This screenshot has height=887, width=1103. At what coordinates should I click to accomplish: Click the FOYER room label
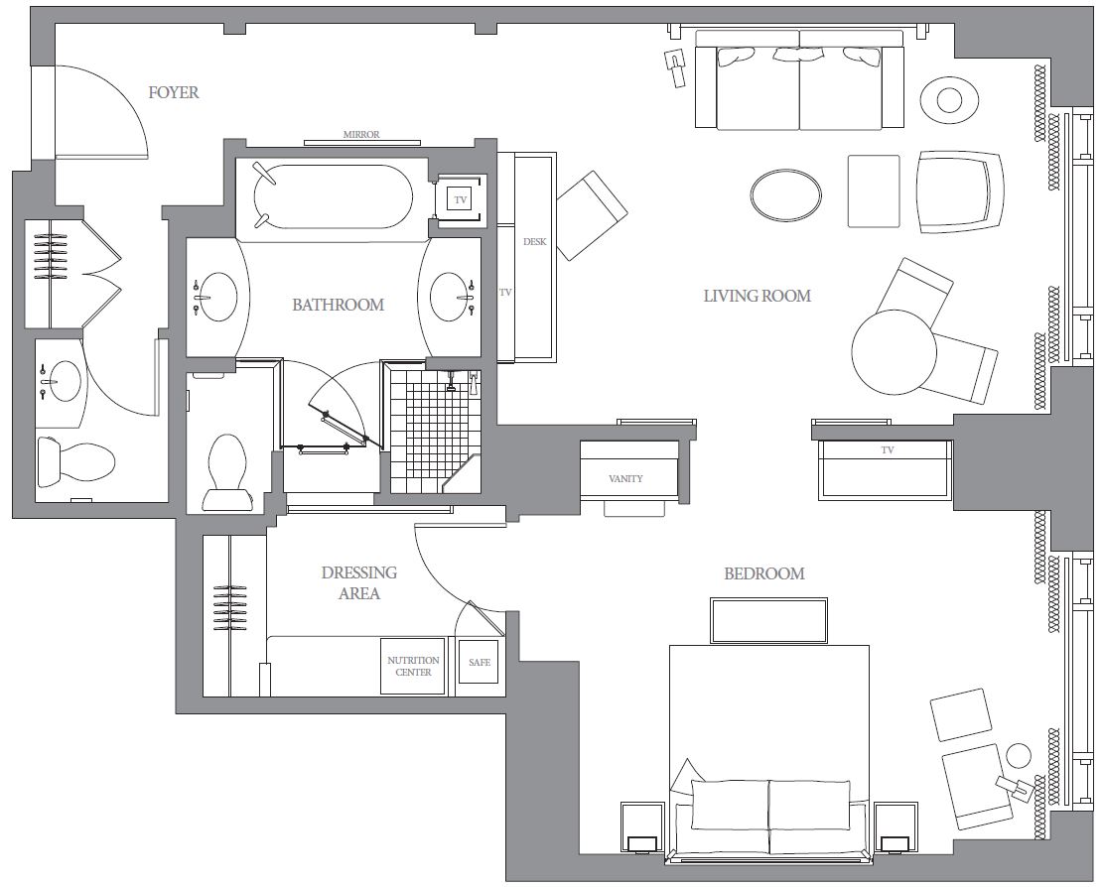coord(173,92)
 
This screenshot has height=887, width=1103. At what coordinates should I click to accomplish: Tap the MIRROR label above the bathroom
coord(361,134)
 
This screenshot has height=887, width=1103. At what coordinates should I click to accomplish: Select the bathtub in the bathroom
coord(333,196)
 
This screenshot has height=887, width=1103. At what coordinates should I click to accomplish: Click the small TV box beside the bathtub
coord(460,200)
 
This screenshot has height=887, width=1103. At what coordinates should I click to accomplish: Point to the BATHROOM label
coord(339,305)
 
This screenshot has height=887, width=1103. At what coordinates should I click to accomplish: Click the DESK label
coord(534,241)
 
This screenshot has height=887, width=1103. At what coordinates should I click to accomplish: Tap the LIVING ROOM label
coord(757,296)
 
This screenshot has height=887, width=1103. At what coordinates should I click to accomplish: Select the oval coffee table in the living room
coord(785,194)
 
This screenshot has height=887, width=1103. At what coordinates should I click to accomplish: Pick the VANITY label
coord(625,478)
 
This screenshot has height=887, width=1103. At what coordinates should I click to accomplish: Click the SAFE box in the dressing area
coord(480,662)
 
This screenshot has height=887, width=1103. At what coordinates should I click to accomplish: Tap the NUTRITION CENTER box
coord(413,667)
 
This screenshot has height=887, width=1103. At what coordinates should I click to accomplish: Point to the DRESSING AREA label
coord(359,582)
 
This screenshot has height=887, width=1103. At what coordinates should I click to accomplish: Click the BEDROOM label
coord(763,573)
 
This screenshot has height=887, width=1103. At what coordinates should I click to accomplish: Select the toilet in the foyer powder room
coord(75,461)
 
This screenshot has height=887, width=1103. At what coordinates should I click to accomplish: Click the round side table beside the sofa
coord(950,100)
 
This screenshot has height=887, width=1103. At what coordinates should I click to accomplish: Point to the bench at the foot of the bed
coord(768,621)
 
